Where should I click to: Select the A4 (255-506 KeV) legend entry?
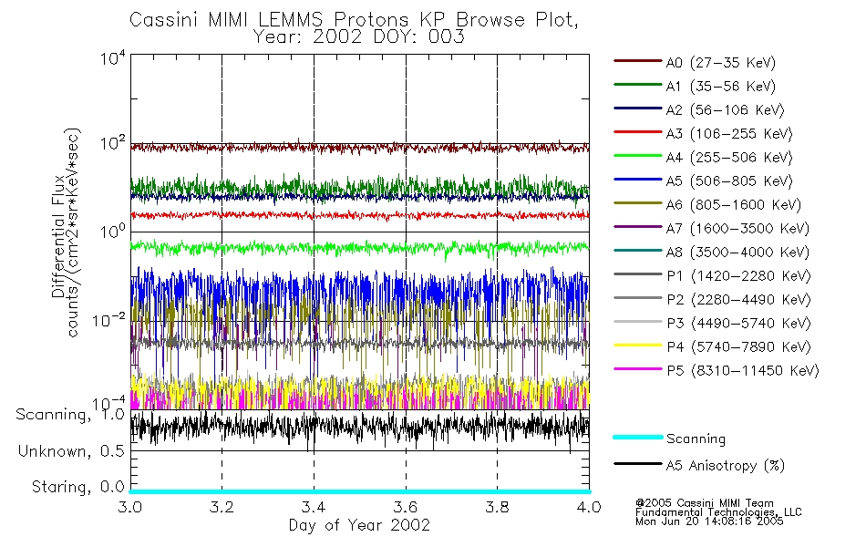point(726,158)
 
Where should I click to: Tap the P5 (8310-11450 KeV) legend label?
point(742,371)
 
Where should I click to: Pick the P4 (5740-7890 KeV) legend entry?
point(737,347)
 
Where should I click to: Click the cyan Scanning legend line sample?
point(637,439)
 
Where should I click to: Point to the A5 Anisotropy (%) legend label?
point(726,466)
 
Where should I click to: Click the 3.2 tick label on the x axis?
point(222,507)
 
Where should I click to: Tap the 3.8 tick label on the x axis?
point(497,507)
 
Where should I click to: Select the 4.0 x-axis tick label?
point(588,507)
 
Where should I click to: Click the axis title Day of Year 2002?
point(359,525)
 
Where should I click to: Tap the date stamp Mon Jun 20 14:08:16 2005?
point(710,523)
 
